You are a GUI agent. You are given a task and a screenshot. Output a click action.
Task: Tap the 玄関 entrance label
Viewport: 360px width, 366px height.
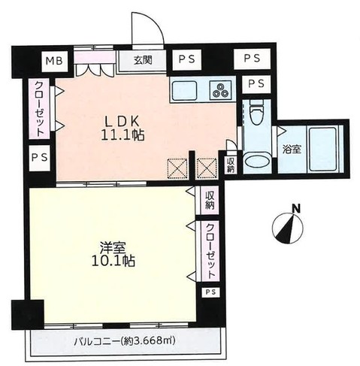[x=144, y=61]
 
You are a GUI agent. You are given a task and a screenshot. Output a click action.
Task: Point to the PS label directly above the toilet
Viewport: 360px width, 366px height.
[x=256, y=83]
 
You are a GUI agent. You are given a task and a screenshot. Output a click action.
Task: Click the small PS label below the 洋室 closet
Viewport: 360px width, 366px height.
[x=210, y=292]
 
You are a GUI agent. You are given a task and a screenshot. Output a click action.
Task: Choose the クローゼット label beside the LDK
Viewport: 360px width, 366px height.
[x=36, y=108]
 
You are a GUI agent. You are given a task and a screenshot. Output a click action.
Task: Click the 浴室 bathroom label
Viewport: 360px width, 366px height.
[x=289, y=148]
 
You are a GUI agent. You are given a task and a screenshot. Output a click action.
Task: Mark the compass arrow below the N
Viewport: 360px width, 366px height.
[x=287, y=228]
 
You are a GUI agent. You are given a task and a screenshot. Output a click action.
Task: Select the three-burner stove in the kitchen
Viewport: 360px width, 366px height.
[x=221, y=92]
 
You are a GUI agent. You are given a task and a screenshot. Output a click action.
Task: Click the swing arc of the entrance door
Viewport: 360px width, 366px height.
[x=147, y=25]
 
